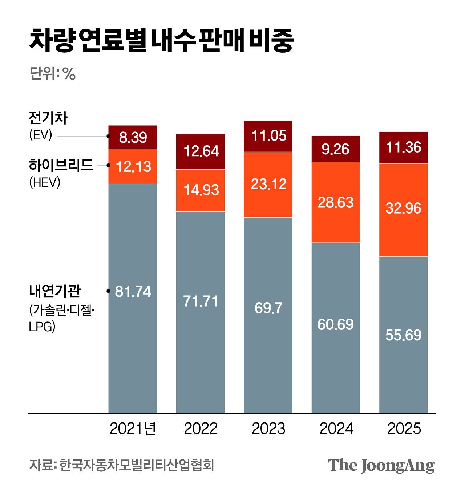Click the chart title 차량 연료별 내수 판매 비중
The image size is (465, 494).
coord(161,40)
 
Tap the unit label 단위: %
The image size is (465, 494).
coord(52,74)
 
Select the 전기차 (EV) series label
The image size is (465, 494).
coord(48,126)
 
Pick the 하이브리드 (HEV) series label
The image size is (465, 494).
coord(61,173)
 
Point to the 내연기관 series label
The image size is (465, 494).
coord(54,291)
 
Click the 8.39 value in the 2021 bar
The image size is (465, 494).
coord(133,138)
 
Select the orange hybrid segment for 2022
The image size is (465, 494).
coord(200,190)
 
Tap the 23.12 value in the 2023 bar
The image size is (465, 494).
coord(268,184)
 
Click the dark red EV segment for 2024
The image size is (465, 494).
coord(336,149)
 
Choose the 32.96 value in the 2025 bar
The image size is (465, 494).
coord(403,208)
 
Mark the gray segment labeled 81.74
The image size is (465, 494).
coord(133,298)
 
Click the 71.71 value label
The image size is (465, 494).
coord(201,301)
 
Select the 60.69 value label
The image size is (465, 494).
coord(335,324)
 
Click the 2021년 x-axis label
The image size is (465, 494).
coord(133,429)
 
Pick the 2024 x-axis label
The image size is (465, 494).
coord(336,429)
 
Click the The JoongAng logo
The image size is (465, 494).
coord(381,466)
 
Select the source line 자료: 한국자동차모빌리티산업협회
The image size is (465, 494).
coord(122,465)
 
